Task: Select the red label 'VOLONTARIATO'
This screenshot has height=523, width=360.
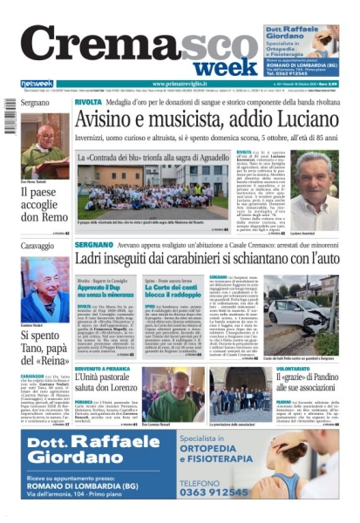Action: pyautogui.click(x=308, y=369)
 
